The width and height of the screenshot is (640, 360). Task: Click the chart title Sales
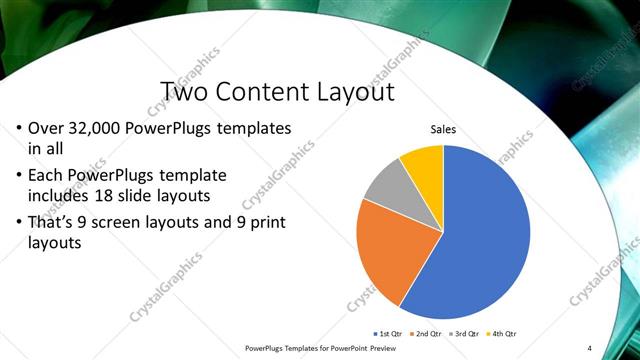tap(444, 129)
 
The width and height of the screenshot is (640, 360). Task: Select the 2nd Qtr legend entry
tap(427, 333)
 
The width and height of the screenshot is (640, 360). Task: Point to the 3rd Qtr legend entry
tap(467, 333)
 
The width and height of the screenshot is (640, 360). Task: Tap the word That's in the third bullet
tap(55, 221)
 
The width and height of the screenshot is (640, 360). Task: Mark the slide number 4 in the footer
tap(590, 347)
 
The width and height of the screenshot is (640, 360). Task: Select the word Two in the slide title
tap(183, 93)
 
